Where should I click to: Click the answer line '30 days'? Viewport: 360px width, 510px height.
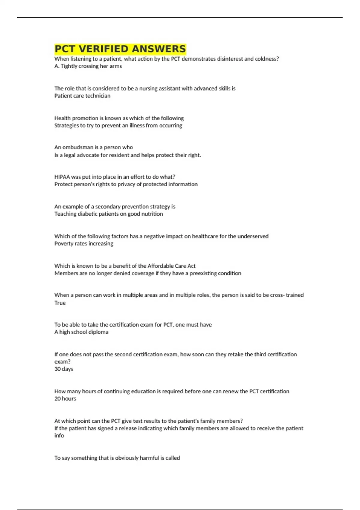(64, 369)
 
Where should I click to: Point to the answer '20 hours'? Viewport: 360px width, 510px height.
(65, 399)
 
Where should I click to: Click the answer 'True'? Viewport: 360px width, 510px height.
(60, 303)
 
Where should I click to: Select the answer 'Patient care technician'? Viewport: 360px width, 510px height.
(82, 96)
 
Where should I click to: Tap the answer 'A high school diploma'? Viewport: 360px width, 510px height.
(81, 332)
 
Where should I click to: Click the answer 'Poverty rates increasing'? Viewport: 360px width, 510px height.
(84, 244)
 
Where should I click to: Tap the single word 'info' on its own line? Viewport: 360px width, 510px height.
(59, 436)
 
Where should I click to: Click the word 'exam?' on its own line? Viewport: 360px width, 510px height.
(62, 362)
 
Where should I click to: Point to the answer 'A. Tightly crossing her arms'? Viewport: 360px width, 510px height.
(88, 66)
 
